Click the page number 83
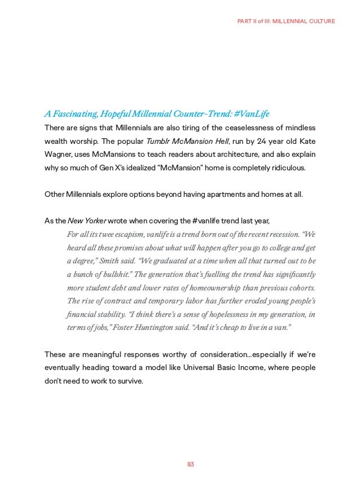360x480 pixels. point(190,464)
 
